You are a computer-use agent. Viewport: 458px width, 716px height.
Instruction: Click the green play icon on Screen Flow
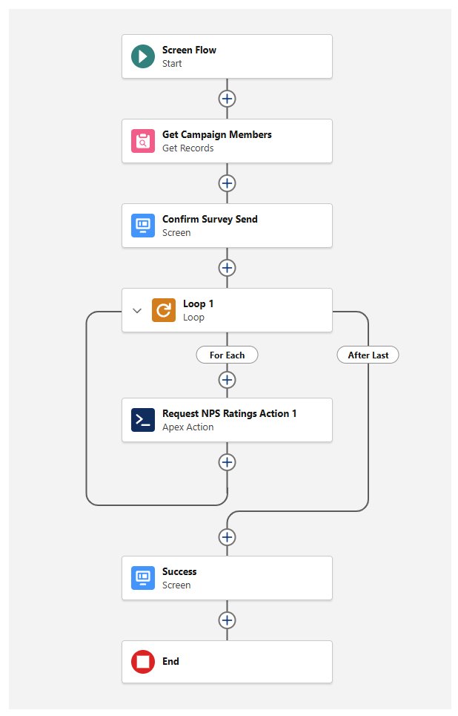[x=143, y=56]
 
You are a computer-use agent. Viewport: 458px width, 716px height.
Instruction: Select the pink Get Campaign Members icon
[x=143, y=141]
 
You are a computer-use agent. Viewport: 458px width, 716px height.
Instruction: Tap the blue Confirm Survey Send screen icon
[x=143, y=226]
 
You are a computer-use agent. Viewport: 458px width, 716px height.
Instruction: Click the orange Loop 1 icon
[x=164, y=310]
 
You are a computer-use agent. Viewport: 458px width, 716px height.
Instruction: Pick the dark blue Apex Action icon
[x=143, y=420]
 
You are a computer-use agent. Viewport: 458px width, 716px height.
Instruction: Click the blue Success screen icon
[x=143, y=578]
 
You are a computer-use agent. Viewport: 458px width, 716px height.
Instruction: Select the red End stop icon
[x=143, y=662]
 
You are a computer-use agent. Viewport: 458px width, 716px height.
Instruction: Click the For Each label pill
[x=227, y=355]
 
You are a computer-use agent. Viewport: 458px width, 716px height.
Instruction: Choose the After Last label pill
[x=368, y=355]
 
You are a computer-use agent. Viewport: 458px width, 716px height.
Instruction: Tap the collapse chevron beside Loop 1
[x=136, y=311]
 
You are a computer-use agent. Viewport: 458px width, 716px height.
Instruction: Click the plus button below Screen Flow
[x=227, y=99]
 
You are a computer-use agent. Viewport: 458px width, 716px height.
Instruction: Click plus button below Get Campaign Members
[x=227, y=183]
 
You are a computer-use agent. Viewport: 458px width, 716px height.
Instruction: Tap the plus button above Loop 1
[x=227, y=268]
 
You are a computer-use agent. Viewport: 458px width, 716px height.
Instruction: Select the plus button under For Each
[x=227, y=380]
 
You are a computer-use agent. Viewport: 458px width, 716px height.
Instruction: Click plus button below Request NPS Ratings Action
[x=227, y=462]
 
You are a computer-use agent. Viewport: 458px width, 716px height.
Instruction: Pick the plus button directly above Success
[x=227, y=536]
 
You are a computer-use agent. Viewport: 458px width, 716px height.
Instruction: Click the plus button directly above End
[x=227, y=620]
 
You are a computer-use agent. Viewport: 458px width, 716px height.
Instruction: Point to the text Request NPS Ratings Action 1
[x=229, y=413]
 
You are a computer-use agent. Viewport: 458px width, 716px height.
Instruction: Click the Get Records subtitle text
[x=188, y=148]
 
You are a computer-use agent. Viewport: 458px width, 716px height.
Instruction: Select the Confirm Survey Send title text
[x=210, y=219]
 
